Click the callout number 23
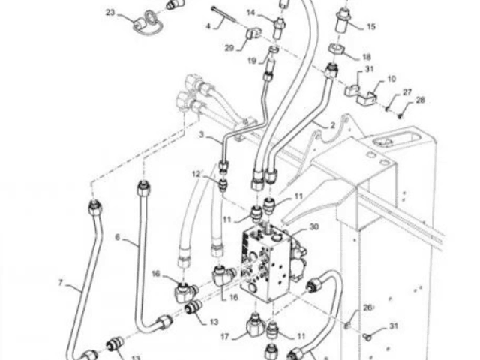110,13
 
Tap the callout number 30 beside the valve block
314,226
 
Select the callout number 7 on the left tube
61,282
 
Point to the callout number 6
118,237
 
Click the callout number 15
371,27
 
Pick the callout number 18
367,57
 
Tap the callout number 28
421,100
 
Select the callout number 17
225,337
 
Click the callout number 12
196,174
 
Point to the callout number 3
201,134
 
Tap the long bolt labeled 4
223,14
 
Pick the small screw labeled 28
400,115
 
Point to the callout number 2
333,125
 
